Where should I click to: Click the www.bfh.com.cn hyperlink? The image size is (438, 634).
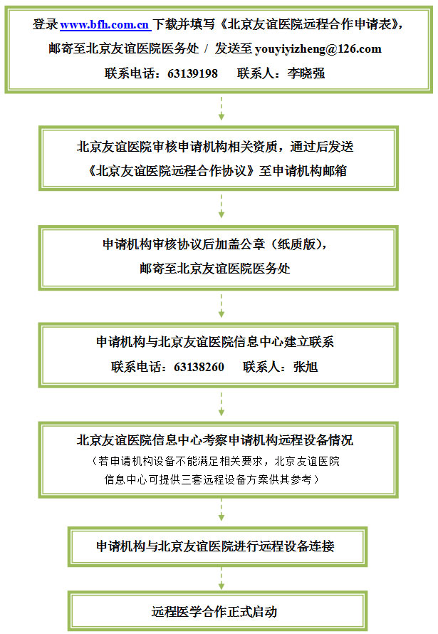[105, 25]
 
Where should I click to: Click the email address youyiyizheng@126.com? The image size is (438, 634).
[318, 49]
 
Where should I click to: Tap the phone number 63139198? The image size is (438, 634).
[193, 73]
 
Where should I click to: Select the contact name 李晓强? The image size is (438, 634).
[306, 73]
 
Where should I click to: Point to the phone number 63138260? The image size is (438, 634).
[199, 367]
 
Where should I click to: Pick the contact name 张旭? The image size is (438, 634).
[306, 367]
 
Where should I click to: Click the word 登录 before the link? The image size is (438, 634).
[46, 25]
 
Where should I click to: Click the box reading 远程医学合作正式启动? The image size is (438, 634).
[217, 611]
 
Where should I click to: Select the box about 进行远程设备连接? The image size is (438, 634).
[217, 546]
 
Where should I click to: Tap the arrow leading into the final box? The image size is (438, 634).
[221, 578]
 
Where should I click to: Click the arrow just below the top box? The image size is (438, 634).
[221, 108]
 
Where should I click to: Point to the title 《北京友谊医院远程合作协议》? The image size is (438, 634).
[172, 171]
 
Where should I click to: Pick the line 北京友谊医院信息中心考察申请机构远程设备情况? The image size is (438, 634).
[215, 440]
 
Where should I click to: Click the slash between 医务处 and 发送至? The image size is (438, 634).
[207, 49]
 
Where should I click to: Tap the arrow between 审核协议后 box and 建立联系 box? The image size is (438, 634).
[221, 306]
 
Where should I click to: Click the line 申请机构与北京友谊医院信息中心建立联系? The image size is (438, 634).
[215, 342]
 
